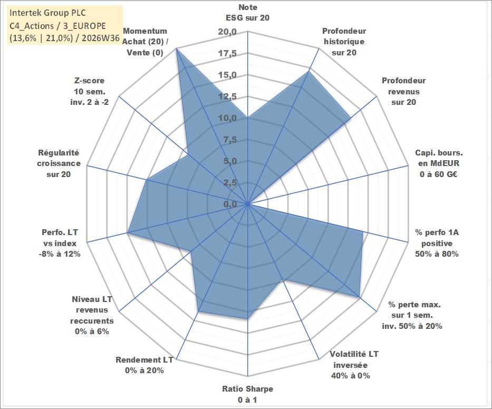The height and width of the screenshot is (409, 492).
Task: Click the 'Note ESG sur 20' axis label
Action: click(x=247, y=13)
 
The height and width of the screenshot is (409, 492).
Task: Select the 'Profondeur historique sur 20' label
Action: click(x=344, y=42)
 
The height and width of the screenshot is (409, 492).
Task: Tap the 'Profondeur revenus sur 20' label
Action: click(x=403, y=91)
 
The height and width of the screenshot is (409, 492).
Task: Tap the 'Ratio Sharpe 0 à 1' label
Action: click(x=247, y=394)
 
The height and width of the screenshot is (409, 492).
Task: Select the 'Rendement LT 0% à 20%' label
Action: click(x=144, y=365)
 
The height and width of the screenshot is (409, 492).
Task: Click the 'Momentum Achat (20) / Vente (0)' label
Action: click(x=145, y=42)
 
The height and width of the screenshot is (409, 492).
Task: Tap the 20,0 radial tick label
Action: click(x=228, y=32)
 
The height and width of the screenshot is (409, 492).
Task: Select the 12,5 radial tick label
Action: click(x=228, y=96)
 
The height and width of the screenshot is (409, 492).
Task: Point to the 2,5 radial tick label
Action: click(x=230, y=183)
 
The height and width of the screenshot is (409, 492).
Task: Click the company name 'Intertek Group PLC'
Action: click(x=47, y=13)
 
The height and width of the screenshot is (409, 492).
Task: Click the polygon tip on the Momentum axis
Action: click(x=177, y=48)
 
